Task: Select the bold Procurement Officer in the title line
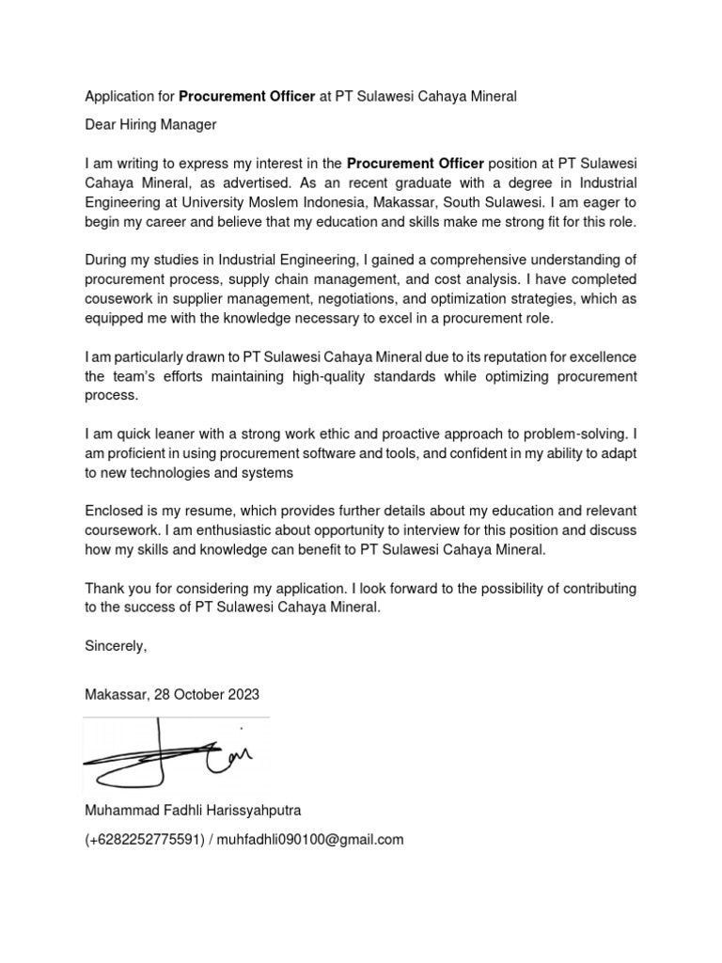point(246,97)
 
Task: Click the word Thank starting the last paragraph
point(104,588)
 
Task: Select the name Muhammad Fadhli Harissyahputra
point(194,810)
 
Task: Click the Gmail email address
point(312,840)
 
